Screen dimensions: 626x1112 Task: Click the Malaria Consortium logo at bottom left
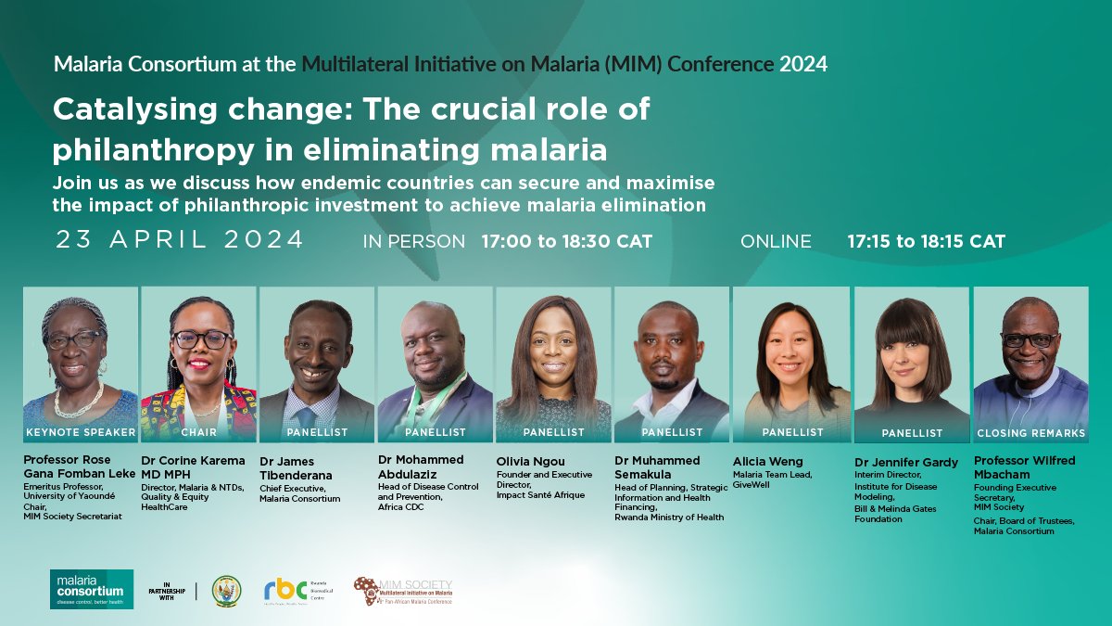click(x=92, y=589)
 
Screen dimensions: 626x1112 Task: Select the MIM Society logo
click(x=403, y=591)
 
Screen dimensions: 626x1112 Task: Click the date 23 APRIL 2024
click(x=180, y=240)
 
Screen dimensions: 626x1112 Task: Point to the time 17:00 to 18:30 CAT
click(x=566, y=241)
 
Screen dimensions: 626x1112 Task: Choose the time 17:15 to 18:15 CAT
click(x=926, y=241)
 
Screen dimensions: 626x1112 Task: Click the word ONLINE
click(x=776, y=241)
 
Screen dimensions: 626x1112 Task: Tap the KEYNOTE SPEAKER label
click(x=81, y=432)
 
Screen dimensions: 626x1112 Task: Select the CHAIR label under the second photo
click(x=198, y=432)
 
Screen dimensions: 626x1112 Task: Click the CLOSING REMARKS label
click(x=1030, y=433)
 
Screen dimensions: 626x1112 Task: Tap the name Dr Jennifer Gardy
click(x=906, y=462)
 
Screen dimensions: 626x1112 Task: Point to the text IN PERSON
click(x=414, y=241)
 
